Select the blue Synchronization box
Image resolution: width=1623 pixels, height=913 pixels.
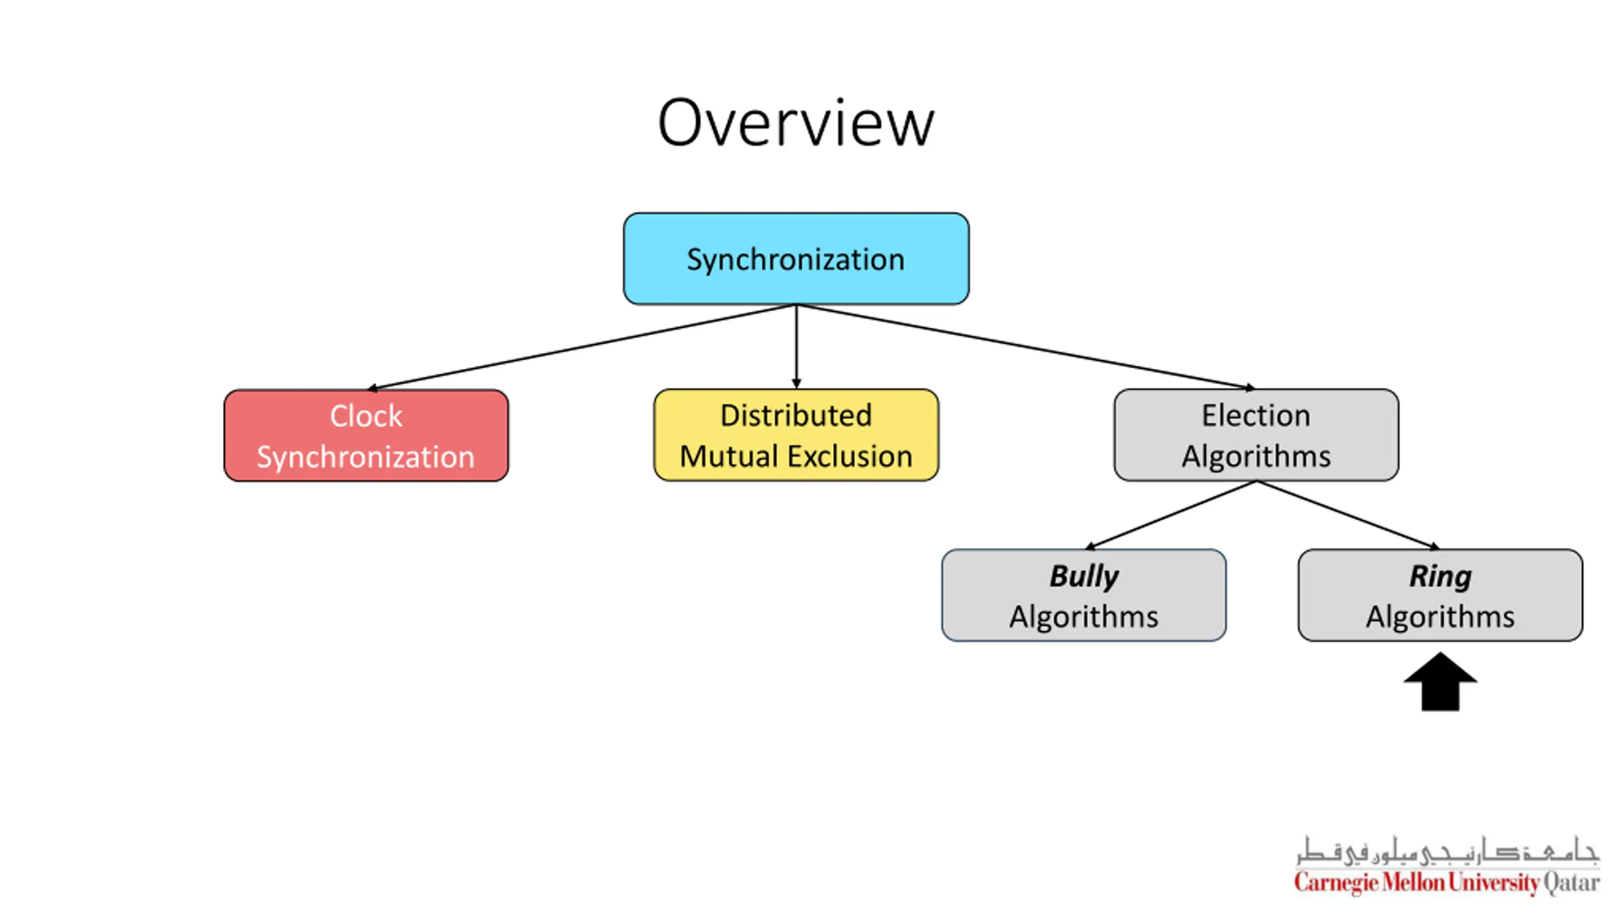pos(796,259)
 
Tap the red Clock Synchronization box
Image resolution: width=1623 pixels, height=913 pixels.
pos(366,436)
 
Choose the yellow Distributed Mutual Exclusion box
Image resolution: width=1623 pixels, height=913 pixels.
pos(796,435)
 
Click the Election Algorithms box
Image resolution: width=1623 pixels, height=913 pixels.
pos(1256,435)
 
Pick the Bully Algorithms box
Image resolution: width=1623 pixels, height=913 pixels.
pos(1083,595)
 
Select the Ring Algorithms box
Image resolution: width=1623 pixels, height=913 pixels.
pos(1440,595)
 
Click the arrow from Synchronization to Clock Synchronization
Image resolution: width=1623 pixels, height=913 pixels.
pos(582,347)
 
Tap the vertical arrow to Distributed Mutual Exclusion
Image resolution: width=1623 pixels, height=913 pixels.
pos(796,347)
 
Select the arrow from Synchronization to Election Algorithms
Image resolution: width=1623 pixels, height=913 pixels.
pos(1026,347)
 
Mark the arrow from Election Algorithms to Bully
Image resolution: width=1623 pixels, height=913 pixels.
pos(1171,515)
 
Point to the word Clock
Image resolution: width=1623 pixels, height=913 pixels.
pos(366,417)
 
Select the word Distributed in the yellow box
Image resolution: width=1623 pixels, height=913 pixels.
pos(796,416)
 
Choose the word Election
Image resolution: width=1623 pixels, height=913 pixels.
pos(1256,416)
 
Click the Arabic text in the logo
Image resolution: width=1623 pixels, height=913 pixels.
pos(1447,851)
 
